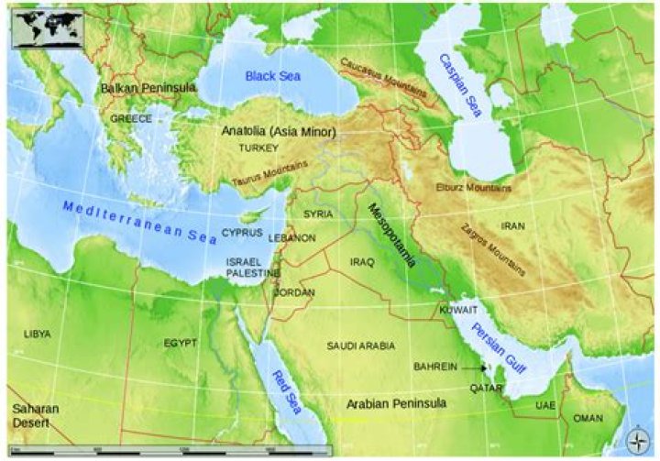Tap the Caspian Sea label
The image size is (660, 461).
tap(461, 86)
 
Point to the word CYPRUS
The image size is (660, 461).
tap(242, 233)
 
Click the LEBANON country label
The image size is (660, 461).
tap(292, 237)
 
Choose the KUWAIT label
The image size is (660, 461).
tap(458, 311)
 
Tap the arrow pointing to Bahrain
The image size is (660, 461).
tap(474, 368)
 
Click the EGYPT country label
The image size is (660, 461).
tap(180, 343)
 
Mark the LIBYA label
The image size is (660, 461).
tap(37, 334)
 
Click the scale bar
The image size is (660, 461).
tap(174, 450)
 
